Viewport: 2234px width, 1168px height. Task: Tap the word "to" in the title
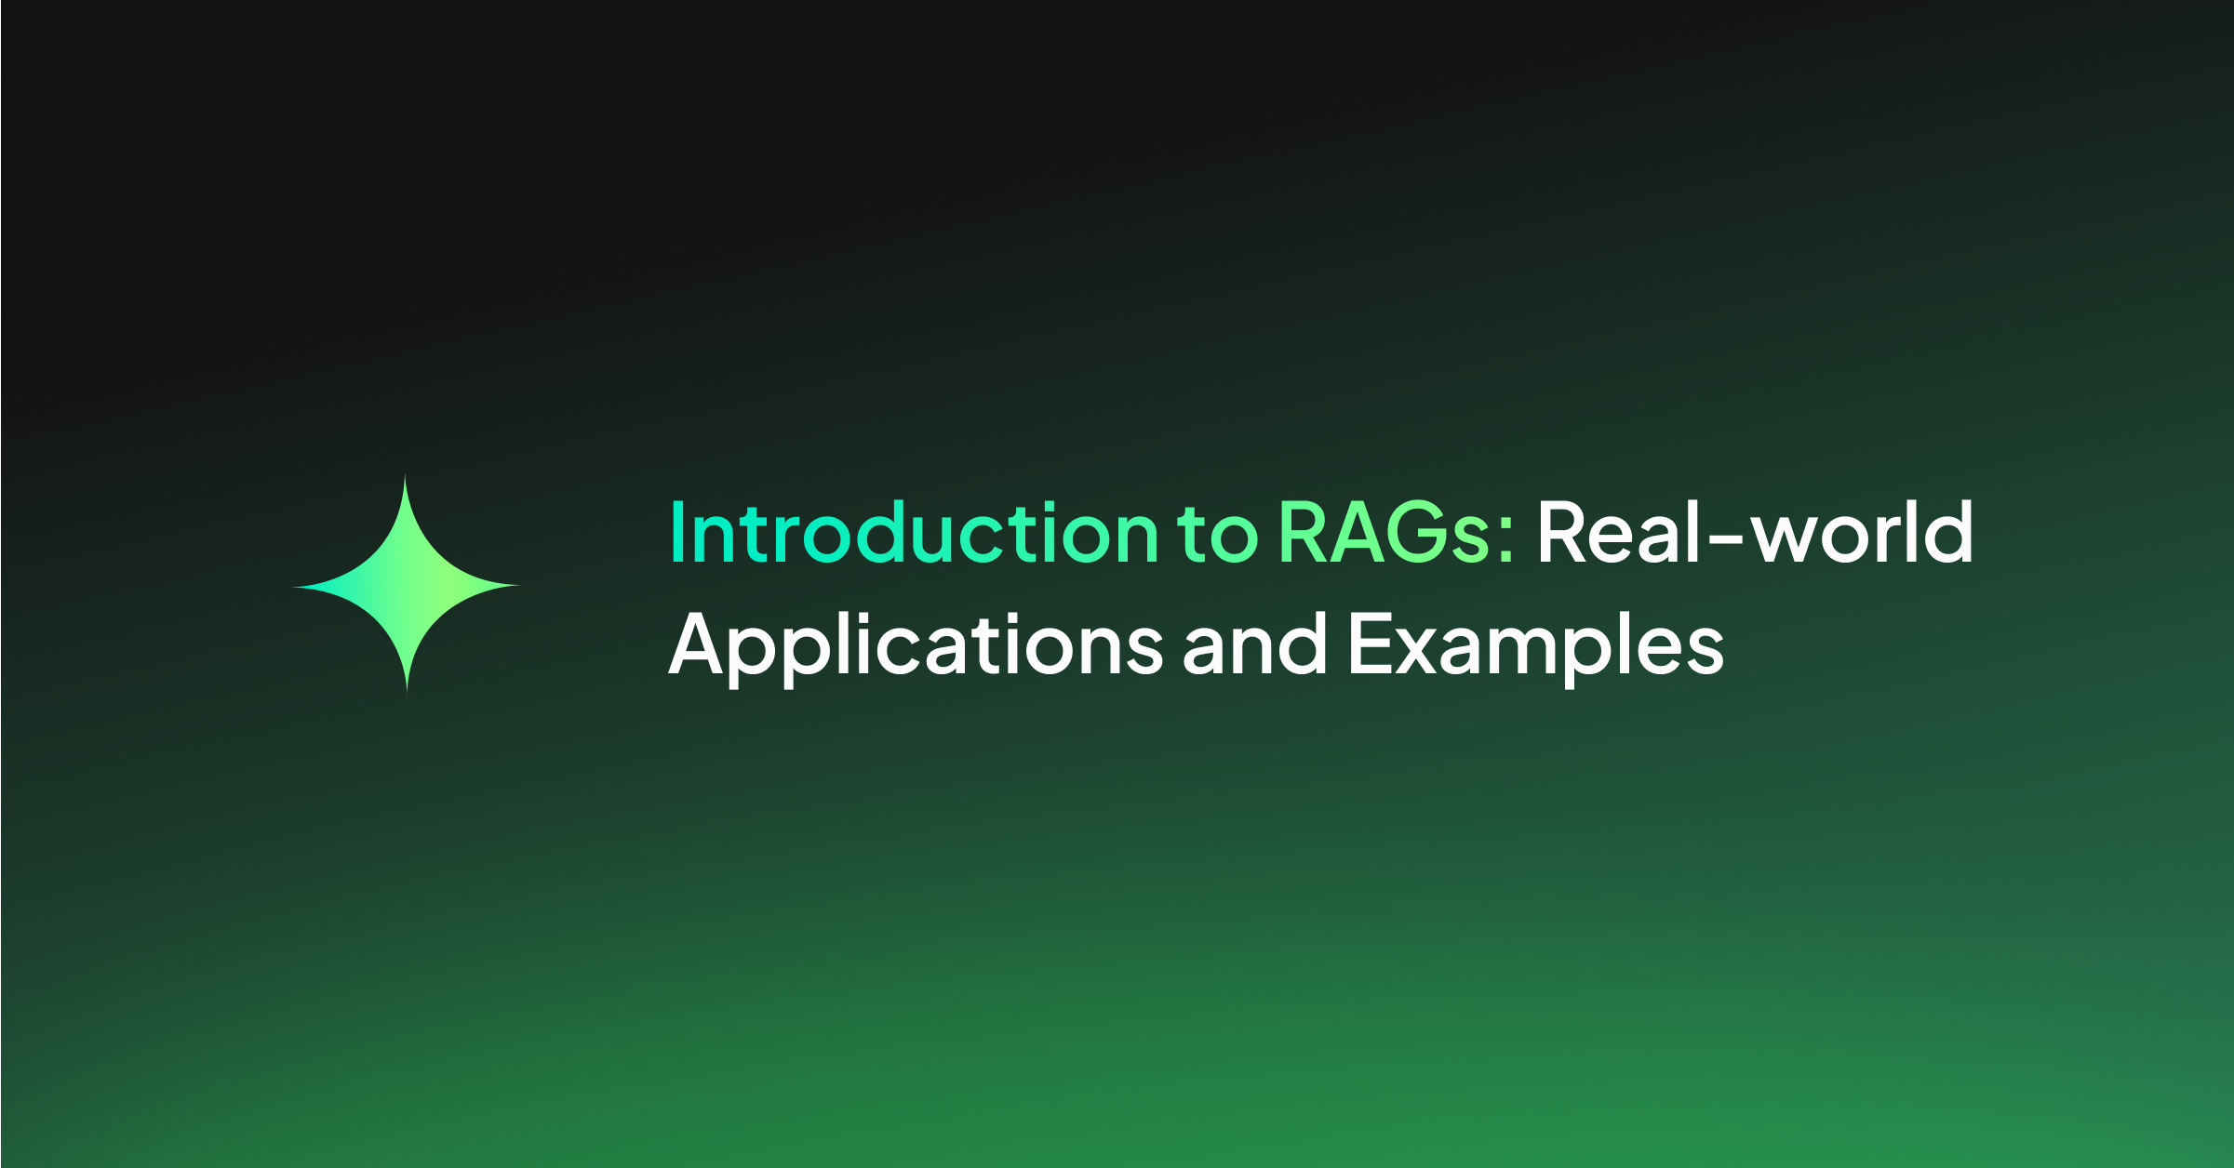coord(1217,534)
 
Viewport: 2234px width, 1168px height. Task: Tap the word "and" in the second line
coord(1254,643)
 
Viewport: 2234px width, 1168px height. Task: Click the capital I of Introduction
coord(676,532)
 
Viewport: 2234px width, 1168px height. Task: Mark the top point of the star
coord(405,474)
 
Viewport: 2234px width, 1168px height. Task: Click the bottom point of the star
coord(407,693)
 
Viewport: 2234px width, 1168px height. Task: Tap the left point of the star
coord(292,587)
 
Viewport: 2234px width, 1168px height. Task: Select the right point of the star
coord(519,586)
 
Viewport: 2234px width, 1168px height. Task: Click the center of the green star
coord(406,586)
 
